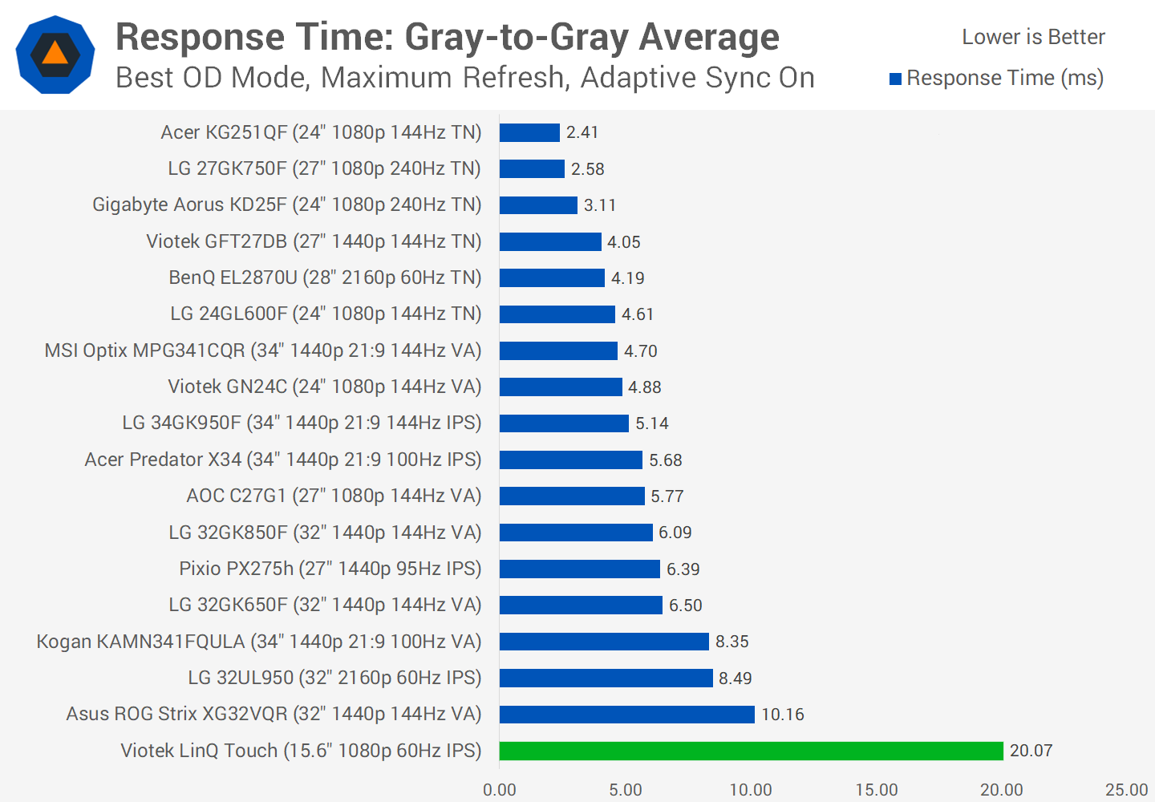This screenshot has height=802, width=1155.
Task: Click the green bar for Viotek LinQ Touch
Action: (751, 751)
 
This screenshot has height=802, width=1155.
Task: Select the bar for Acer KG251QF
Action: (529, 132)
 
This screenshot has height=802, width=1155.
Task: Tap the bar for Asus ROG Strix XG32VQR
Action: (626, 714)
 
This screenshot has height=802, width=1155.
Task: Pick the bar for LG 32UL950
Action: (606, 678)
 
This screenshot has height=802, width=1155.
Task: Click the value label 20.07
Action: (1031, 751)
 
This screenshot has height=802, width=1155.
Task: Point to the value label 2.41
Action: (582, 132)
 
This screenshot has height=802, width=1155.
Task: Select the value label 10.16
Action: (782, 714)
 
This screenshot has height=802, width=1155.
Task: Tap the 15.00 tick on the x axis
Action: (876, 790)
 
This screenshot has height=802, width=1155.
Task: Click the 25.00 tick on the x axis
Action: (1126, 790)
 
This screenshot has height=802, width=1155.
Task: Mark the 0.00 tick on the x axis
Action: (500, 790)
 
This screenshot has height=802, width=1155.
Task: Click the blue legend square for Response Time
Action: (895, 79)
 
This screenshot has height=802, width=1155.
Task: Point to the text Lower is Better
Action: (1033, 37)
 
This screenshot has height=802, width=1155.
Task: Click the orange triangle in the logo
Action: (55, 54)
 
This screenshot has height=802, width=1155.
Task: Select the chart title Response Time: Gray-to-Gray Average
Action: (447, 37)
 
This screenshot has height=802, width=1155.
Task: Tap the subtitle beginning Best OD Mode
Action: (465, 78)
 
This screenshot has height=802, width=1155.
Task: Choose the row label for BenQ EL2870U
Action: (325, 277)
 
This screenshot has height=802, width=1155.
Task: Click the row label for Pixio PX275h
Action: (330, 569)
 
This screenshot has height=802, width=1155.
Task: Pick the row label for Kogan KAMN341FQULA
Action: (258, 642)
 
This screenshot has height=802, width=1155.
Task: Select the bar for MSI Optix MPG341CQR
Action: (558, 350)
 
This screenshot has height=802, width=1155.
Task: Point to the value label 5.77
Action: (667, 496)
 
